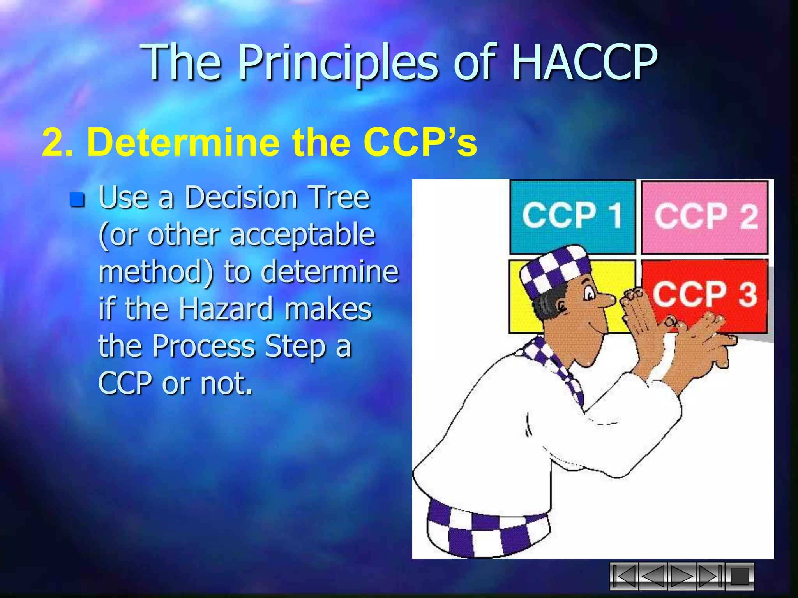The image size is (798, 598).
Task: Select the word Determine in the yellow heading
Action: coord(183,142)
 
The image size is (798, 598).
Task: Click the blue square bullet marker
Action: coord(77,200)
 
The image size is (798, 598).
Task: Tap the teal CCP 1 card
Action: coord(572,216)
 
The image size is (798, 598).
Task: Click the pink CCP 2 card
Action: coord(704,216)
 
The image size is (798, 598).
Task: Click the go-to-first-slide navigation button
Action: coord(624,576)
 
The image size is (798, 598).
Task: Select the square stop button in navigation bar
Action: coord(740,576)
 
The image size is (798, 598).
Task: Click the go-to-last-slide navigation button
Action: coord(710,576)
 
